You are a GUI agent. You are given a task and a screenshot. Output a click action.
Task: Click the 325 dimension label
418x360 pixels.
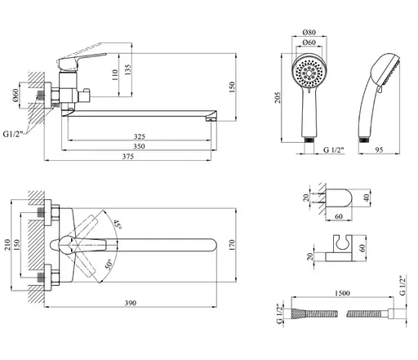click(x=140, y=136)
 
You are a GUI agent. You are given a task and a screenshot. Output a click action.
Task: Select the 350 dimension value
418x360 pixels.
click(x=139, y=146)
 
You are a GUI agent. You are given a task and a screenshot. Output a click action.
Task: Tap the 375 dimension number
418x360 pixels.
click(x=128, y=157)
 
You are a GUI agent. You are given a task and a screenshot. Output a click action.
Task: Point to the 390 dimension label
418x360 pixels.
click(x=131, y=303)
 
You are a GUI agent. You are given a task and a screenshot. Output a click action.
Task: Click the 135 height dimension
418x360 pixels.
click(x=128, y=69)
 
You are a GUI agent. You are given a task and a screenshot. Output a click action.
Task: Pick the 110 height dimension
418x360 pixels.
click(x=115, y=74)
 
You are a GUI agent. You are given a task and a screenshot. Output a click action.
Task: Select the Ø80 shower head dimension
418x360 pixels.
click(x=309, y=32)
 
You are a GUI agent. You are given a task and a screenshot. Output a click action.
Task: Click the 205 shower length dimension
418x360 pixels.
click(x=278, y=97)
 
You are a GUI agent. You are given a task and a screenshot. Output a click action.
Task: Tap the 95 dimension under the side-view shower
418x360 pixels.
click(x=379, y=149)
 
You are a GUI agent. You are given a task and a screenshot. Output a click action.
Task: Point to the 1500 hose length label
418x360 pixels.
click(x=342, y=293)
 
